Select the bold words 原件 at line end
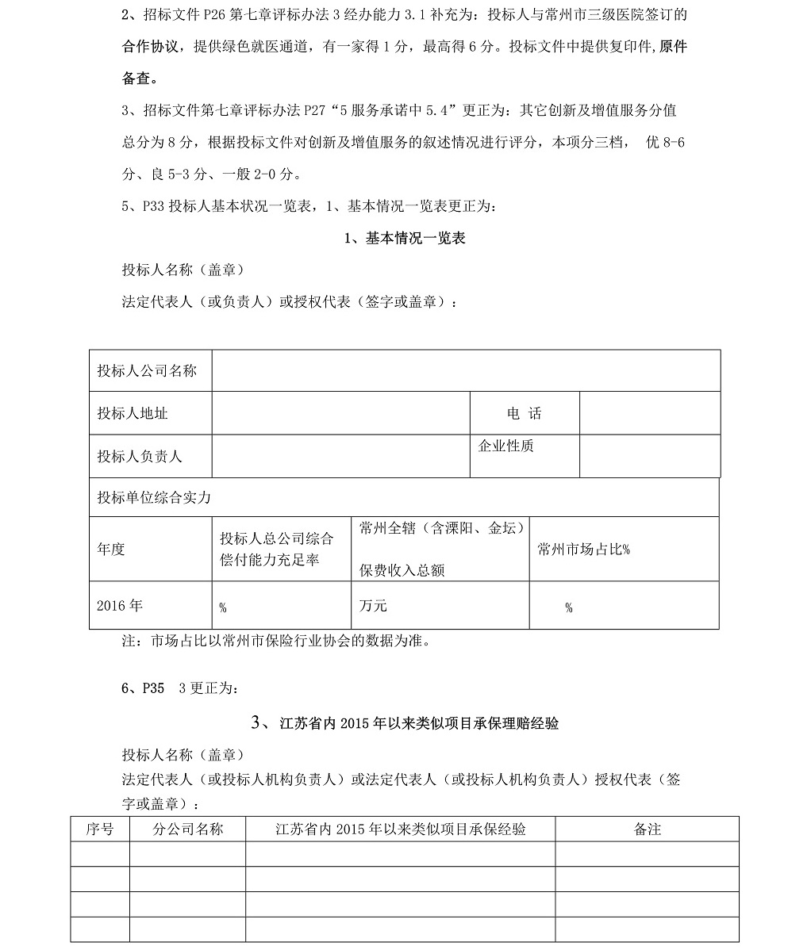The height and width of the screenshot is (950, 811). pos(670,47)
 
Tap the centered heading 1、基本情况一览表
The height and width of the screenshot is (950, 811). pos(405,238)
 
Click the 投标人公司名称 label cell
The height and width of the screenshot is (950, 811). pos(147,370)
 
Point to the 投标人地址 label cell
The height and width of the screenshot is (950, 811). pos(133,413)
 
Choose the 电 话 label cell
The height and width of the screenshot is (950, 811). pos(524,413)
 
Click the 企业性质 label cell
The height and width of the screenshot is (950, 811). pos(506,446)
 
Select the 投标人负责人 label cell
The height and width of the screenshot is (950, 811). pos(140,456)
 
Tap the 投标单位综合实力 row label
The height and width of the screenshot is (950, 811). pos(154,498)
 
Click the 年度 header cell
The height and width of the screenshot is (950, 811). pos(111,549)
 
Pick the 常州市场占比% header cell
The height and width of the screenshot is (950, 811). pos(583,550)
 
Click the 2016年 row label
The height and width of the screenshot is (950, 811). pos(120,606)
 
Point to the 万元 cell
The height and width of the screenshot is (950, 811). pos(373,606)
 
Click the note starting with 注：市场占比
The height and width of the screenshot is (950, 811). pos(276,641)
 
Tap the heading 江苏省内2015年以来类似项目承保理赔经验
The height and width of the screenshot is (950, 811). pos(405,723)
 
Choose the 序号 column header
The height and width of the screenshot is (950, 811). pos(99,829)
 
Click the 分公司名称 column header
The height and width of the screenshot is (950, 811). pos(187,829)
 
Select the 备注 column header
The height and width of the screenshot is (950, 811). pos(648,829)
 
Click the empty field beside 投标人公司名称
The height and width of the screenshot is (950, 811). pos(466,370)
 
